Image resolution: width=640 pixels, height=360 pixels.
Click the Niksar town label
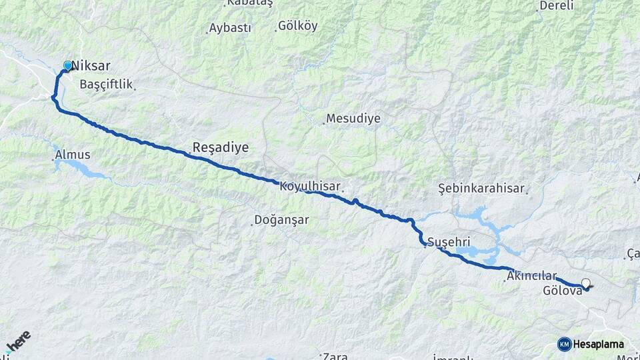point(91,66)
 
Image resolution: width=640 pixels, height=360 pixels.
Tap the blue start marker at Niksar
point(67,65)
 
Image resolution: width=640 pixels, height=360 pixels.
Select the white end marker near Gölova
point(586,283)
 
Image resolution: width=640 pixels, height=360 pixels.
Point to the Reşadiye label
point(220,147)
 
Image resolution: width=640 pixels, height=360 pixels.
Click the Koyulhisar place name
point(310,186)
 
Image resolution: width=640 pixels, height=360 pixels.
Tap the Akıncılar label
point(531,275)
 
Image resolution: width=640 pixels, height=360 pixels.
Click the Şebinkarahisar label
point(481,189)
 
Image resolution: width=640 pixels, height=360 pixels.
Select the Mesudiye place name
point(353,119)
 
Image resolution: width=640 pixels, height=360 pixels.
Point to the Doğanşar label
point(281,219)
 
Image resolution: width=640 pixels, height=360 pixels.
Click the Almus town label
point(73,155)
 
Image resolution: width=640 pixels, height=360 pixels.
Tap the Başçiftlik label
point(106,85)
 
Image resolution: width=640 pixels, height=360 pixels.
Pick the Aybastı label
point(230,28)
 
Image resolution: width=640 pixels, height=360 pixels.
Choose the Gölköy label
point(298,27)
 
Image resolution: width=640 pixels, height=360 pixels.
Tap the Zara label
point(335,356)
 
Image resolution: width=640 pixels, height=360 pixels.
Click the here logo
point(19,341)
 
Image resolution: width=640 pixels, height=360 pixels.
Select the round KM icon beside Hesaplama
point(564,344)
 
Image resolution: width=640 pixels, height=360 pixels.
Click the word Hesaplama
point(599,344)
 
